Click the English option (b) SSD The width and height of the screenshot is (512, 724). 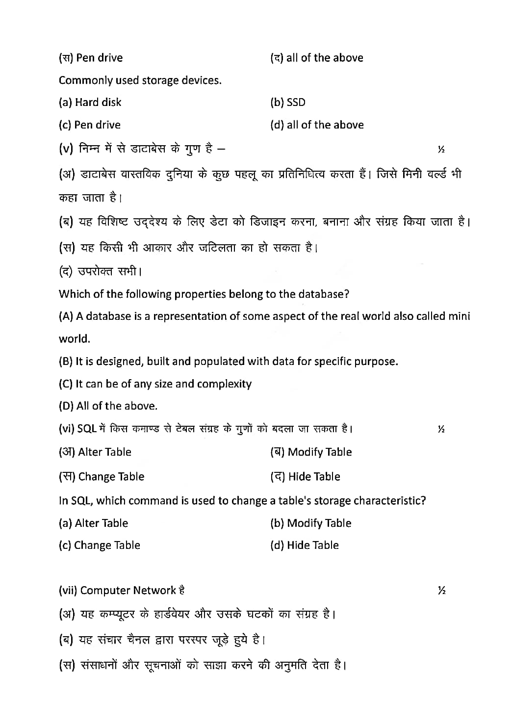click(x=287, y=103)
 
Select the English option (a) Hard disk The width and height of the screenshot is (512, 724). click(x=90, y=103)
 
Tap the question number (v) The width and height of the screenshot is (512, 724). click(x=66, y=149)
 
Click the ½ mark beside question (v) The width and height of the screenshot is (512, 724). click(x=441, y=149)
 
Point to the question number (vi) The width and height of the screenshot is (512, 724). click(x=66, y=429)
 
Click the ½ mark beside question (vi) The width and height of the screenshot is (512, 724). click(x=441, y=430)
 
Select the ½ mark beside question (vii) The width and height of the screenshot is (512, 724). click(x=441, y=591)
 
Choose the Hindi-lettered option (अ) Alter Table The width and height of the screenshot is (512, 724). click(x=95, y=452)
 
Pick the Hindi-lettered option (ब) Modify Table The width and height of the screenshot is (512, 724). click(x=311, y=452)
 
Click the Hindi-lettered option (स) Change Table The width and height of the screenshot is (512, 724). click(x=102, y=476)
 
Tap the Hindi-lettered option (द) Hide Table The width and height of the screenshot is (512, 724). click(x=305, y=476)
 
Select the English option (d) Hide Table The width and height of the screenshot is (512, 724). click(x=304, y=545)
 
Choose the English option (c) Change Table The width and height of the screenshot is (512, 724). click(x=100, y=545)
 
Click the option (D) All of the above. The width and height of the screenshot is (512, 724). click(x=108, y=406)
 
